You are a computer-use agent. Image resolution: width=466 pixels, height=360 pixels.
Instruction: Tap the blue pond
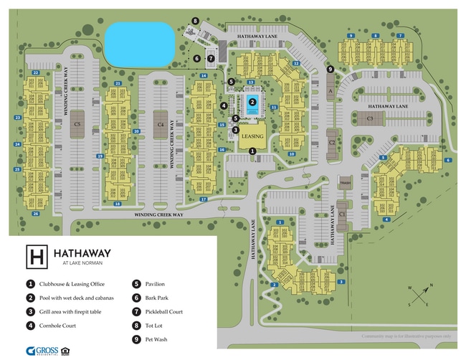pyautogui.click(x=140, y=43)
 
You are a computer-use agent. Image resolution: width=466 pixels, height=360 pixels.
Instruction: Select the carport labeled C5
pyautogui.click(x=77, y=123)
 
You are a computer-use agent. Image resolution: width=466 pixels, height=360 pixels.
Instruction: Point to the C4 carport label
pyautogui.click(x=161, y=124)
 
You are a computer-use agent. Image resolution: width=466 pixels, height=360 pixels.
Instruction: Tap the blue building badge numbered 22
pyautogui.click(x=35, y=72)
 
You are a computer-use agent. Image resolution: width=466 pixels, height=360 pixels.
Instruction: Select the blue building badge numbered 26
pyautogui.click(x=35, y=214)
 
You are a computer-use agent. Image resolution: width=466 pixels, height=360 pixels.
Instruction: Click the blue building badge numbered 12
pyautogui.click(x=295, y=63)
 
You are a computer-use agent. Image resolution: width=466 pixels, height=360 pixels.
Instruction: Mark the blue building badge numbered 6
pyautogui.click(x=447, y=160)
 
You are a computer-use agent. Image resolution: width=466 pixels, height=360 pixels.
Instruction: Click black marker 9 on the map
pyautogui.click(x=330, y=69)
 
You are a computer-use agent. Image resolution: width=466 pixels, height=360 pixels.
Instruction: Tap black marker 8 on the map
pyautogui.click(x=195, y=22)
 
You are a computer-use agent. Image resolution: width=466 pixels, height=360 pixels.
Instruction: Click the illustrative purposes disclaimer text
pyautogui.click(x=406, y=336)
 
